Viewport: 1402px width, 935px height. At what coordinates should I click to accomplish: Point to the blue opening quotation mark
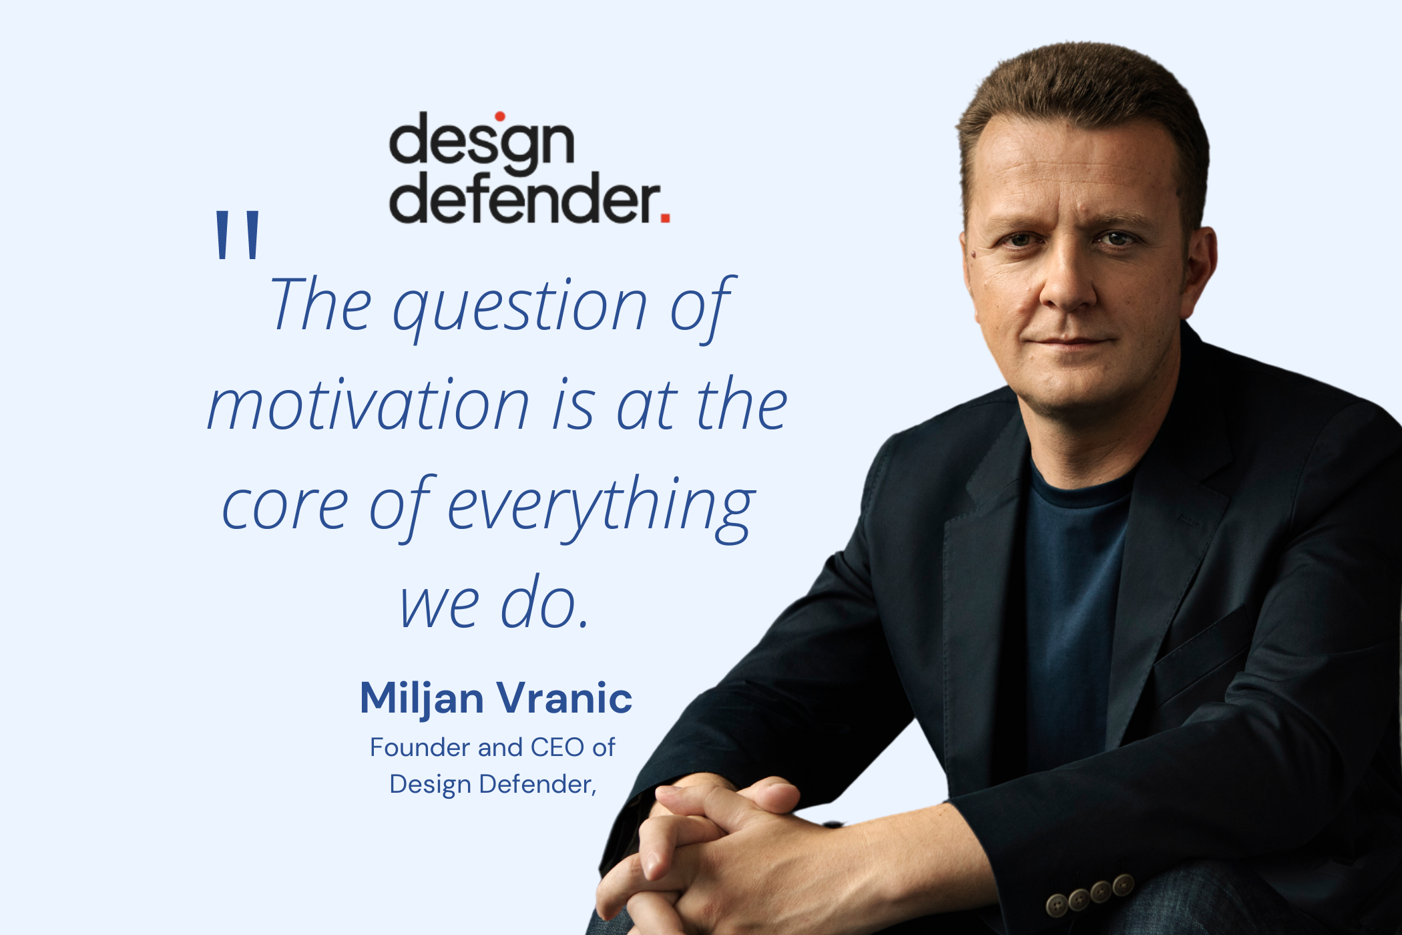[x=238, y=234]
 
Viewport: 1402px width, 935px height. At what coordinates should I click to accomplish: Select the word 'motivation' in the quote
[x=369, y=405]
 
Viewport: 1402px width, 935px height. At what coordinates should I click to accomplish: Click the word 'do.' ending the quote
[x=545, y=602]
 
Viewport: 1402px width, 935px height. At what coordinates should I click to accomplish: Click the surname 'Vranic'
[x=565, y=699]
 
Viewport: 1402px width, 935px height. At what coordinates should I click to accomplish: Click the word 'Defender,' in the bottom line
[x=538, y=784]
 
